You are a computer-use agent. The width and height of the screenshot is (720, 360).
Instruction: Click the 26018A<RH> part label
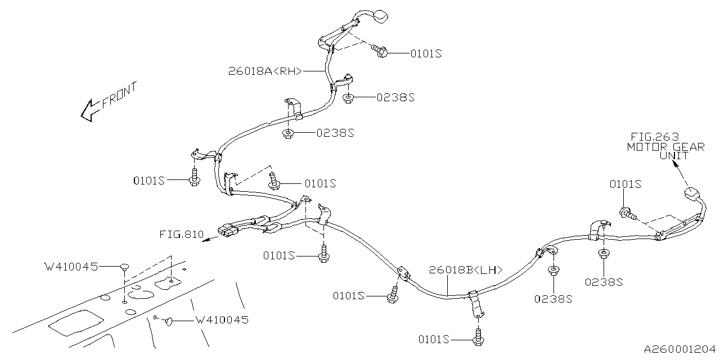265,71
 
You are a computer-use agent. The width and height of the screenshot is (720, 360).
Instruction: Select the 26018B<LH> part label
466,269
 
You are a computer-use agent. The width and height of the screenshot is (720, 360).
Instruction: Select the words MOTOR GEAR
665,147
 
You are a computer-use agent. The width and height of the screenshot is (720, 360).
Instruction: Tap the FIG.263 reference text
654,137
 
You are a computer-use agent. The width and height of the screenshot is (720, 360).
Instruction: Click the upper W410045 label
71,265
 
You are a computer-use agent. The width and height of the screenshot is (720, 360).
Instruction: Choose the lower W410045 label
221,320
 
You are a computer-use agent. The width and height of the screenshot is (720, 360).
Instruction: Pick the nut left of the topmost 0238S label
348,98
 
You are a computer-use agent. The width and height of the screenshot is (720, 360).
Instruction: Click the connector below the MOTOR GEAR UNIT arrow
691,196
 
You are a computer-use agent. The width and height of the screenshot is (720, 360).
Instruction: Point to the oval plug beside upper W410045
124,265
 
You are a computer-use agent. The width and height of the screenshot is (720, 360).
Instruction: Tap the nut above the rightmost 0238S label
602,254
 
